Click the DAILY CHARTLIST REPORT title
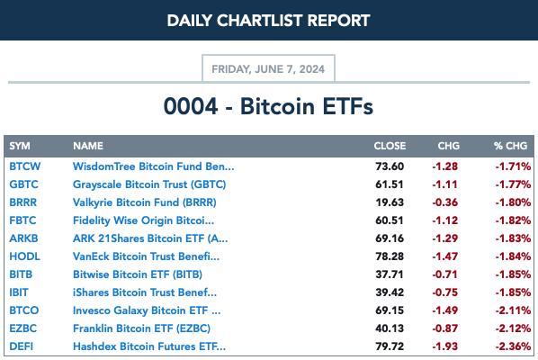268,21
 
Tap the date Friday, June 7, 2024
268,69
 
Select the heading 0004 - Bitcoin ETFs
268,106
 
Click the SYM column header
20,146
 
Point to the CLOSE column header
390,146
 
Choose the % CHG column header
510,146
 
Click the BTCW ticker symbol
24,166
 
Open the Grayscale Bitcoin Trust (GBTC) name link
149,184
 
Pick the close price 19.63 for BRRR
390,202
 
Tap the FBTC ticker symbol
22,220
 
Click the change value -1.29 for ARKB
445,238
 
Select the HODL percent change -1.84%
513,256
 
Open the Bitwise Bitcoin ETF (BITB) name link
138,274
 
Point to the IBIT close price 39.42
390,292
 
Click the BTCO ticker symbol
24,310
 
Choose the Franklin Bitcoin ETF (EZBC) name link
141,328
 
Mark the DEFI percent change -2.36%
513,346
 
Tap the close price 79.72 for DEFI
390,346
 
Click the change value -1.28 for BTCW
445,166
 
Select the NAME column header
88,146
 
